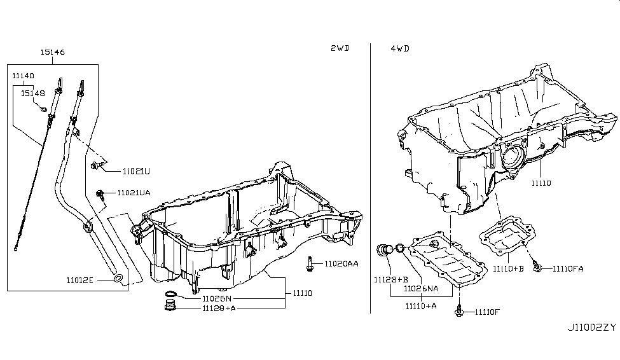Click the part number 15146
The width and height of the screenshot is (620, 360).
pyautogui.click(x=53, y=52)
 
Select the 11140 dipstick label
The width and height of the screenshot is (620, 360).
pyautogui.click(x=23, y=75)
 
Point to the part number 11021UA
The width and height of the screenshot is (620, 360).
pyautogui.click(x=133, y=193)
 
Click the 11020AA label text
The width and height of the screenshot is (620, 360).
pyautogui.click(x=341, y=263)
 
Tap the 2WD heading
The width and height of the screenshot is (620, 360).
pyautogui.click(x=340, y=48)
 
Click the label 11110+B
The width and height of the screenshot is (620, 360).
pyautogui.click(x=509, y=268)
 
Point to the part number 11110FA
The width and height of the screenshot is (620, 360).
pyautogui.click(x=568, y=268)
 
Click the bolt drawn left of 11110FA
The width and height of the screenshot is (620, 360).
pyautogui.click(x=537, y=267)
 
